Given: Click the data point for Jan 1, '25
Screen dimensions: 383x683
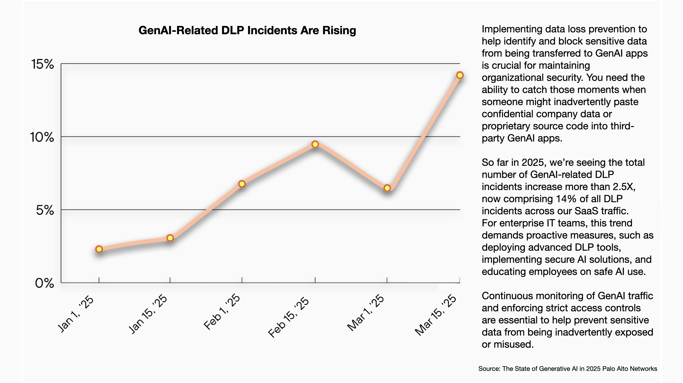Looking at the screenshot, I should tap(99, 249).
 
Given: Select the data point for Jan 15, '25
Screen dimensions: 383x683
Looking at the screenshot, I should tap(170, 238).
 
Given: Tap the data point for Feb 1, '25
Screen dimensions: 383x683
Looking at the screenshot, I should tap(242, 184).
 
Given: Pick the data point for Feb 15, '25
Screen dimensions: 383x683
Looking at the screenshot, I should tap(315, 144).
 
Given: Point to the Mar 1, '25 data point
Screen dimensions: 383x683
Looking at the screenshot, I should tap(387, 188).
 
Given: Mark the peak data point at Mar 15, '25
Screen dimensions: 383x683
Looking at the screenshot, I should tap(460, 75).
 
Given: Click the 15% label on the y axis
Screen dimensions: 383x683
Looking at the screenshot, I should tap(43, 64).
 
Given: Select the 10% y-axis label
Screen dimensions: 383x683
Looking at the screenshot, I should tap(42, 137).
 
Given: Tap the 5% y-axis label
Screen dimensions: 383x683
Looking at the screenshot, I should tap(45, 210).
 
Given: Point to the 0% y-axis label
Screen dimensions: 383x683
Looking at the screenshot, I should tap(44, 283).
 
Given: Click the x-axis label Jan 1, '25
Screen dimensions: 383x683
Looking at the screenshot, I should tap(76, 314).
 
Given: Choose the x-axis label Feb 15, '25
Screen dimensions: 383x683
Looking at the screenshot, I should tap(289, 317).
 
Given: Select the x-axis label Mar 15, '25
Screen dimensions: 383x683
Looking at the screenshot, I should tap(436, 315).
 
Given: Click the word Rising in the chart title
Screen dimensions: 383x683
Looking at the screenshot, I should tap(339, 30).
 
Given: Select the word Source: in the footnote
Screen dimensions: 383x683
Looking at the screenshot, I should tap(489, 369).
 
